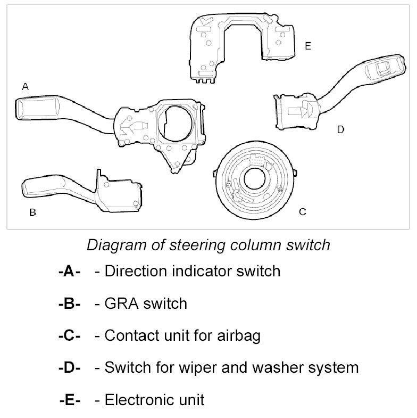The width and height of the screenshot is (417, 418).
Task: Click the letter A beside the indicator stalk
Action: point(24,86)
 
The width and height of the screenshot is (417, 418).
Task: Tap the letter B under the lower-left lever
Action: point(32,212)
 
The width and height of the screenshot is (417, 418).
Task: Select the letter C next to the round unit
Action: point(302,212)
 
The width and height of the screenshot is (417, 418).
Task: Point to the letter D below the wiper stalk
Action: point(340,129)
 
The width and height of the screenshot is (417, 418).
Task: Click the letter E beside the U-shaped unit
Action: point(307,46)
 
